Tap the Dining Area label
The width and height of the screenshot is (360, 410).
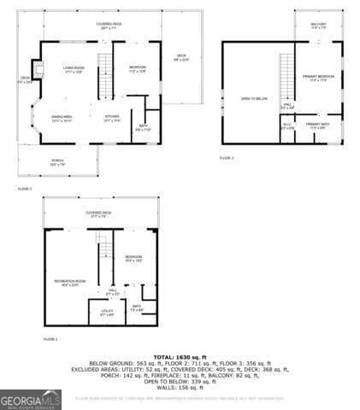point(61,119)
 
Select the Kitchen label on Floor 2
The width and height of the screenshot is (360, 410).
point(112,118)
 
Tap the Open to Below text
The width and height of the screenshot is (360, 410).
point(254,100)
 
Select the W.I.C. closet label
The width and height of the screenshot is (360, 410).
point(287,126)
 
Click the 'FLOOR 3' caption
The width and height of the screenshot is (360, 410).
point(226,158)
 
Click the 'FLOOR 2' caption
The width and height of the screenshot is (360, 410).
point(25,188)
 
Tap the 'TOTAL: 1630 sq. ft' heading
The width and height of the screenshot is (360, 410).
point(180,356)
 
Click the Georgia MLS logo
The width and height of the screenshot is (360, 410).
point(30,399)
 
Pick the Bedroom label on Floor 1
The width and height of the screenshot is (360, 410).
point(133,259)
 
